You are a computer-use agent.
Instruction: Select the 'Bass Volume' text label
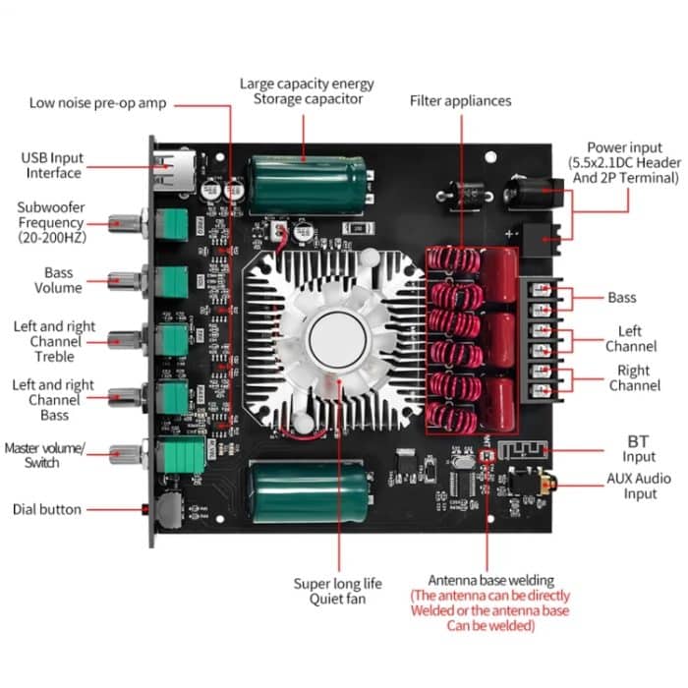(58, 280)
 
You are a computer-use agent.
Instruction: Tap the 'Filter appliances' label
(460, 100)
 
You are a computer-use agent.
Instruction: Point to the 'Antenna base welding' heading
(490, 580)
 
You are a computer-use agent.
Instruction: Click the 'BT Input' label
(639, 449)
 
